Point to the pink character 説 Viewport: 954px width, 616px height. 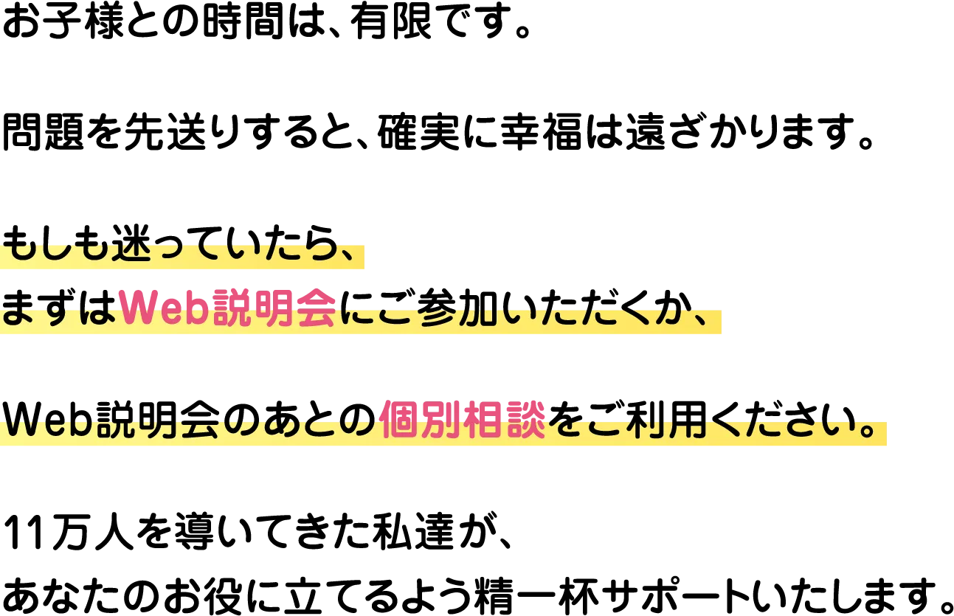coord(233,307)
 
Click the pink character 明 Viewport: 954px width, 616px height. coord(274,307)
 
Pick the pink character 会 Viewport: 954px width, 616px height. coord(316,307)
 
